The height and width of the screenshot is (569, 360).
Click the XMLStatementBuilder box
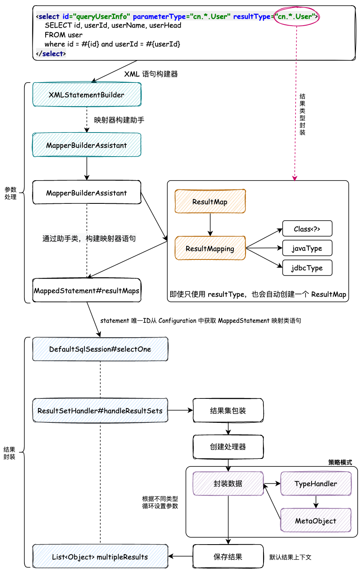[x=86, y=95]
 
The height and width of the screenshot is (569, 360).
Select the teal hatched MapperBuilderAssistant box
[x=86, y=145]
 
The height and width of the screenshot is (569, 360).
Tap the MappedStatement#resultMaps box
[x=86, y=291]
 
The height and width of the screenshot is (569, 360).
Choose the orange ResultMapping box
[x=210, y=249]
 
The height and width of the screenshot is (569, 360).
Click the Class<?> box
[x=307, y=229]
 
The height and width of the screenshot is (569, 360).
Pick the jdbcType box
[x=307, y=268]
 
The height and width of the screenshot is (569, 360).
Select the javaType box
[x=307, y=248]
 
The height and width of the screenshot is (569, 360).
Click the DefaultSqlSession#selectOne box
[x=100, y=349]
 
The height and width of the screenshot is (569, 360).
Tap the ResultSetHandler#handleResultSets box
[x=100, y=410]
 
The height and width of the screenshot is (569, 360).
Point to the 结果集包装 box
[x=228, y=410]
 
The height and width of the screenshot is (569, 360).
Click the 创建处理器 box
[x=228, y=447]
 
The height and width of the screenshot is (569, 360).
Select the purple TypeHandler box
[x=316, y=484]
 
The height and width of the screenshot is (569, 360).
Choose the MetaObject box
[x=316, y=521]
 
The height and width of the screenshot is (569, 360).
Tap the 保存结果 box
[x=228, y=557]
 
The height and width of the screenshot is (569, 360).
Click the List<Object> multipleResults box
[x=100, y=557]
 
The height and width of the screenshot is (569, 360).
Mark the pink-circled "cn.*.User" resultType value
[x=296, y=16]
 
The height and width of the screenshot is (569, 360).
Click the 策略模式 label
[x=340, y=462]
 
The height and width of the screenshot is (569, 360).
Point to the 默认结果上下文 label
[x=290, y=557]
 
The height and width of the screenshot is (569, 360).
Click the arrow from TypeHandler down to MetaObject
[x=316, y=502]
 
